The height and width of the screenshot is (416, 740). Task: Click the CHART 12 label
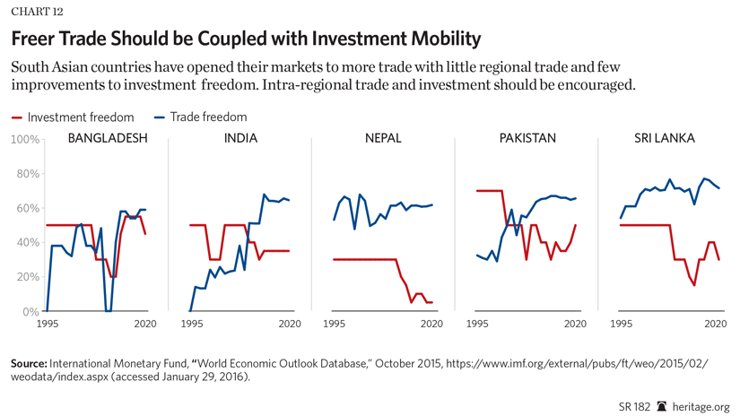pos(37,12)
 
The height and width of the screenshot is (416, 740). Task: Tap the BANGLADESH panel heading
pos(108,139)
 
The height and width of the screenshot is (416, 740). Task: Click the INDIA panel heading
pos(240,139)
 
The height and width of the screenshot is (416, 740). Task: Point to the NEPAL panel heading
pos(383,139)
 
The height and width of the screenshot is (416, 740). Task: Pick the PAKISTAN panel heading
pos(527,139)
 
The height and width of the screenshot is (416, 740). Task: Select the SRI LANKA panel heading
pos(665,139)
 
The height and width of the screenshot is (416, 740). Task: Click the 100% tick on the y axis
pos(25,140)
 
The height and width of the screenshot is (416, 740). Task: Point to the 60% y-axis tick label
pos(28,209)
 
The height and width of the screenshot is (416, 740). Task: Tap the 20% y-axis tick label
pos(28,278)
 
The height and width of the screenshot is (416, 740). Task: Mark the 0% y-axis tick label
pos(30,312)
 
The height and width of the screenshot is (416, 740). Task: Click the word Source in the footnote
pos(29,364)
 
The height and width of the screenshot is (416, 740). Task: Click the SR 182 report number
pos(634,406)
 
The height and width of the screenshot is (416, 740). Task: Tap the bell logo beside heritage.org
pos(662,406)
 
